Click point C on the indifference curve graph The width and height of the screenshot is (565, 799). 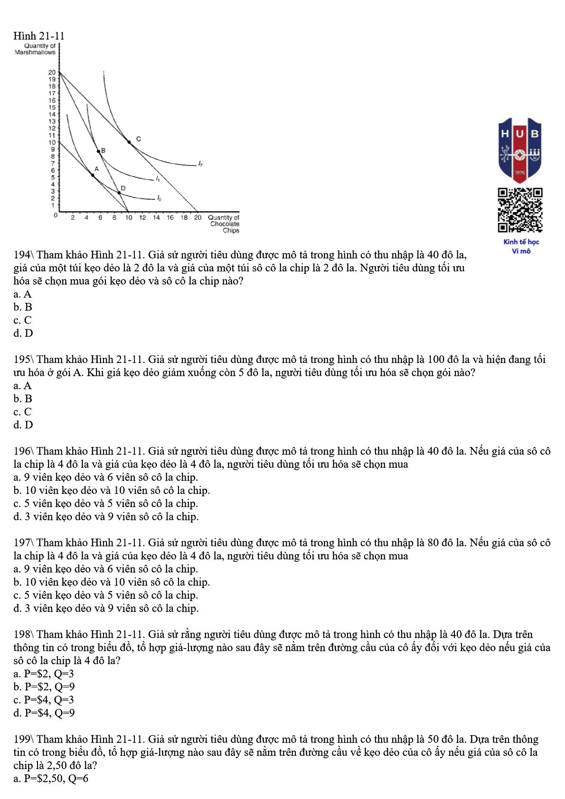129,141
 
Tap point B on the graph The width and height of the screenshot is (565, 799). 99,151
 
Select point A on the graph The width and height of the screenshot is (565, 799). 93,175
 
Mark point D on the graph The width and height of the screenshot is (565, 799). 119,193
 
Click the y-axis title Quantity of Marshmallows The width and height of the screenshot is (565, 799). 36,49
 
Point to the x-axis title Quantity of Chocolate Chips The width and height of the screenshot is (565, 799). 224,224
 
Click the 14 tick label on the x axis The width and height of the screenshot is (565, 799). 156,218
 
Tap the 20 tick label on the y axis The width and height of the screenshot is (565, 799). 52,73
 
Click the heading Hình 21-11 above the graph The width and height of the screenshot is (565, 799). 39,36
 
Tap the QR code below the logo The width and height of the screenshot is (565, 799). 520,210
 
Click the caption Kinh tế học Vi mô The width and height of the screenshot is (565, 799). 521,246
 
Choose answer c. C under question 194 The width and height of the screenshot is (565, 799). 23,320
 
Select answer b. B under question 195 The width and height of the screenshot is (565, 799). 23,399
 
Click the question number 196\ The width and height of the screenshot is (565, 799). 24,451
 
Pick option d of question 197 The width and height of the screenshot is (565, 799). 106,608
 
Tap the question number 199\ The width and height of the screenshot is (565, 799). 24,739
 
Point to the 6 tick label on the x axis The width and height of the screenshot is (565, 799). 100,218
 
